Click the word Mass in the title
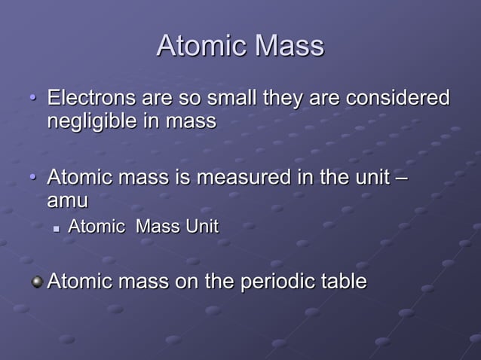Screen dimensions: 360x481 tap(289, 47)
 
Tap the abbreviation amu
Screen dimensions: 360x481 tap(67, 202)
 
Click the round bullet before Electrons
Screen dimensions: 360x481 tap(32, 99)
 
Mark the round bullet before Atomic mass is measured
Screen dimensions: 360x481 tap(32, 179)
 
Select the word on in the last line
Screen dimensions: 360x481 tap(186, 282)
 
